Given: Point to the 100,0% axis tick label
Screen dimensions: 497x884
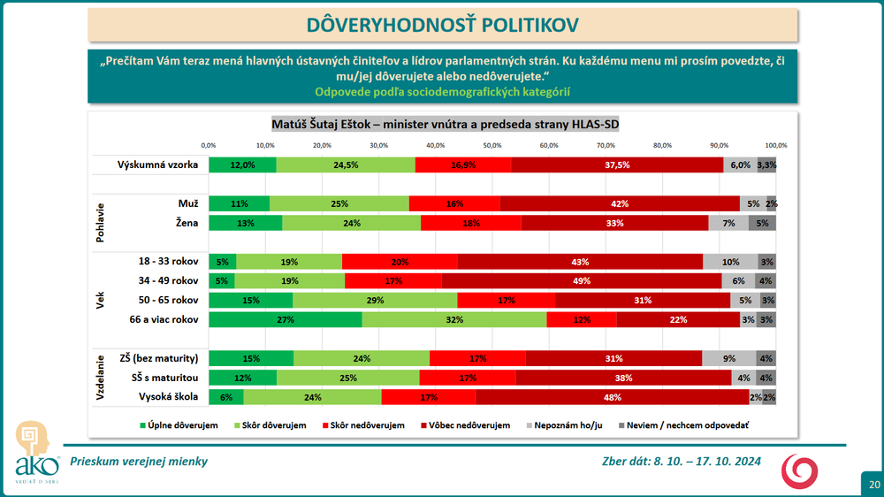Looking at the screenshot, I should [775, 145].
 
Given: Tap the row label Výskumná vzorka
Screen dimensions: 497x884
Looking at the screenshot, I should [157, 164].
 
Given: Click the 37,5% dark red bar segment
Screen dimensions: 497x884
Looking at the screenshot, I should [617, 164].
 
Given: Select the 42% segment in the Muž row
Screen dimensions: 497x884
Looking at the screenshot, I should [620, 203].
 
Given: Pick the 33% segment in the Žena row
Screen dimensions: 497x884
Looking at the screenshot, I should [614, 223].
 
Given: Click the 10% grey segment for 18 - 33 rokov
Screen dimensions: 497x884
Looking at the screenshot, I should [729, 262].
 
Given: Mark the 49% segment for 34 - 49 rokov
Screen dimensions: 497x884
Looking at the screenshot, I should [581, 280].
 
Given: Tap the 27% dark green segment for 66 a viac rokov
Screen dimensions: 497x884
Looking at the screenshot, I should [286, 319].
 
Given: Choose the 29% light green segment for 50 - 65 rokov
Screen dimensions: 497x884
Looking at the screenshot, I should [375, 300].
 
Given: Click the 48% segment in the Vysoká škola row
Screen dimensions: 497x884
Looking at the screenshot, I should [612, 397].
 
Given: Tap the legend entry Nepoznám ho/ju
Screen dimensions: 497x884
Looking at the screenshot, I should [571, 425].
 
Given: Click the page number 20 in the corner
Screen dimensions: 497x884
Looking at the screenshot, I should [873, 485].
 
